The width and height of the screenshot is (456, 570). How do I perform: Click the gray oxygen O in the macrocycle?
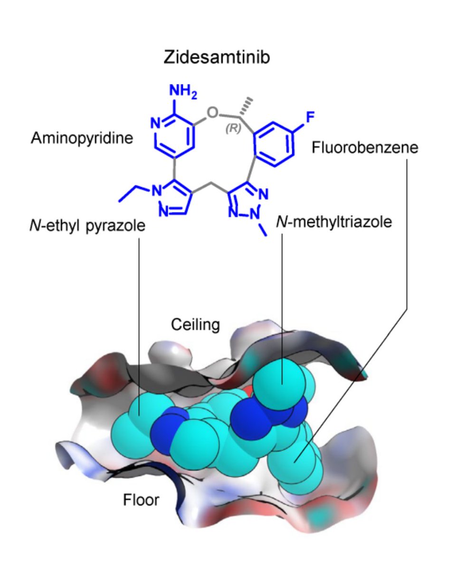click(x=214, y=113)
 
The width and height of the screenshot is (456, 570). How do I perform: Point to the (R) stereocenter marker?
click(x=233, y=129)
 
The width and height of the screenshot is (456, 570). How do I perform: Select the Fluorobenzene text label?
click(x=365, y=148)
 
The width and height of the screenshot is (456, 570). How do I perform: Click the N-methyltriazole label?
click(x=334, y=221)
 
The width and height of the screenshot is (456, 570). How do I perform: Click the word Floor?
click(x=141, y=500)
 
